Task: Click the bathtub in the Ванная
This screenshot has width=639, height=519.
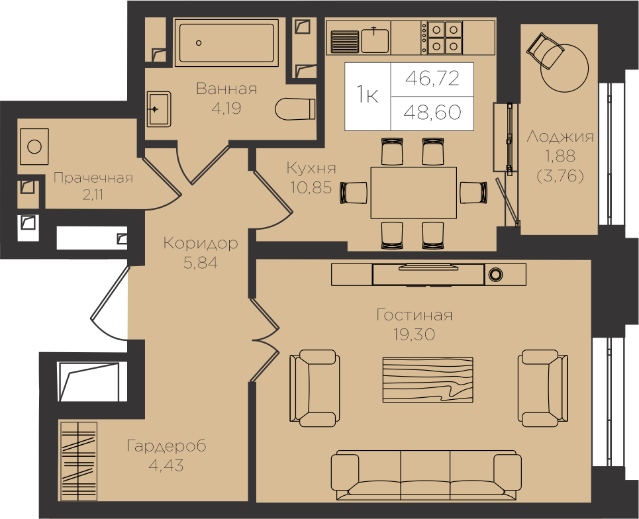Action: point(226,42)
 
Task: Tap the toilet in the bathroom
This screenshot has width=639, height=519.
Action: point(295,109)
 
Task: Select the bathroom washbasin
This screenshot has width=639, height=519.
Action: point(158,109)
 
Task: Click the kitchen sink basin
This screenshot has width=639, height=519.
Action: point(375,40)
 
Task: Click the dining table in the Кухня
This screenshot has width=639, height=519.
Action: point(414,193)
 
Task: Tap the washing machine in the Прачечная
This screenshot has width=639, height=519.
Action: point(34,147)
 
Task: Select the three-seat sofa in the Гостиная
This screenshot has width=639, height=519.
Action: point(426,475)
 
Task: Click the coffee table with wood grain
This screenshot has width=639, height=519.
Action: point(428,380)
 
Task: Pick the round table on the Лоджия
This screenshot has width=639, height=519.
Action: point(564,68)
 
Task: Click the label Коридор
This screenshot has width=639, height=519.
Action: point(201,243)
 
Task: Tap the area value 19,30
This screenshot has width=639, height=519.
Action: point(414,334)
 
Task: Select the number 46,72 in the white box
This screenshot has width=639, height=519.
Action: point(432,78)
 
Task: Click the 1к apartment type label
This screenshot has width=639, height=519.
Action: point(368,95)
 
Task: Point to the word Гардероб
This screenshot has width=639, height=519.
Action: point(166,446)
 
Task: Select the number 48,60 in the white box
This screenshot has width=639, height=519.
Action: point(432,112)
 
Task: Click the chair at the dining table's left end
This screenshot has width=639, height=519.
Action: point(354,193)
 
